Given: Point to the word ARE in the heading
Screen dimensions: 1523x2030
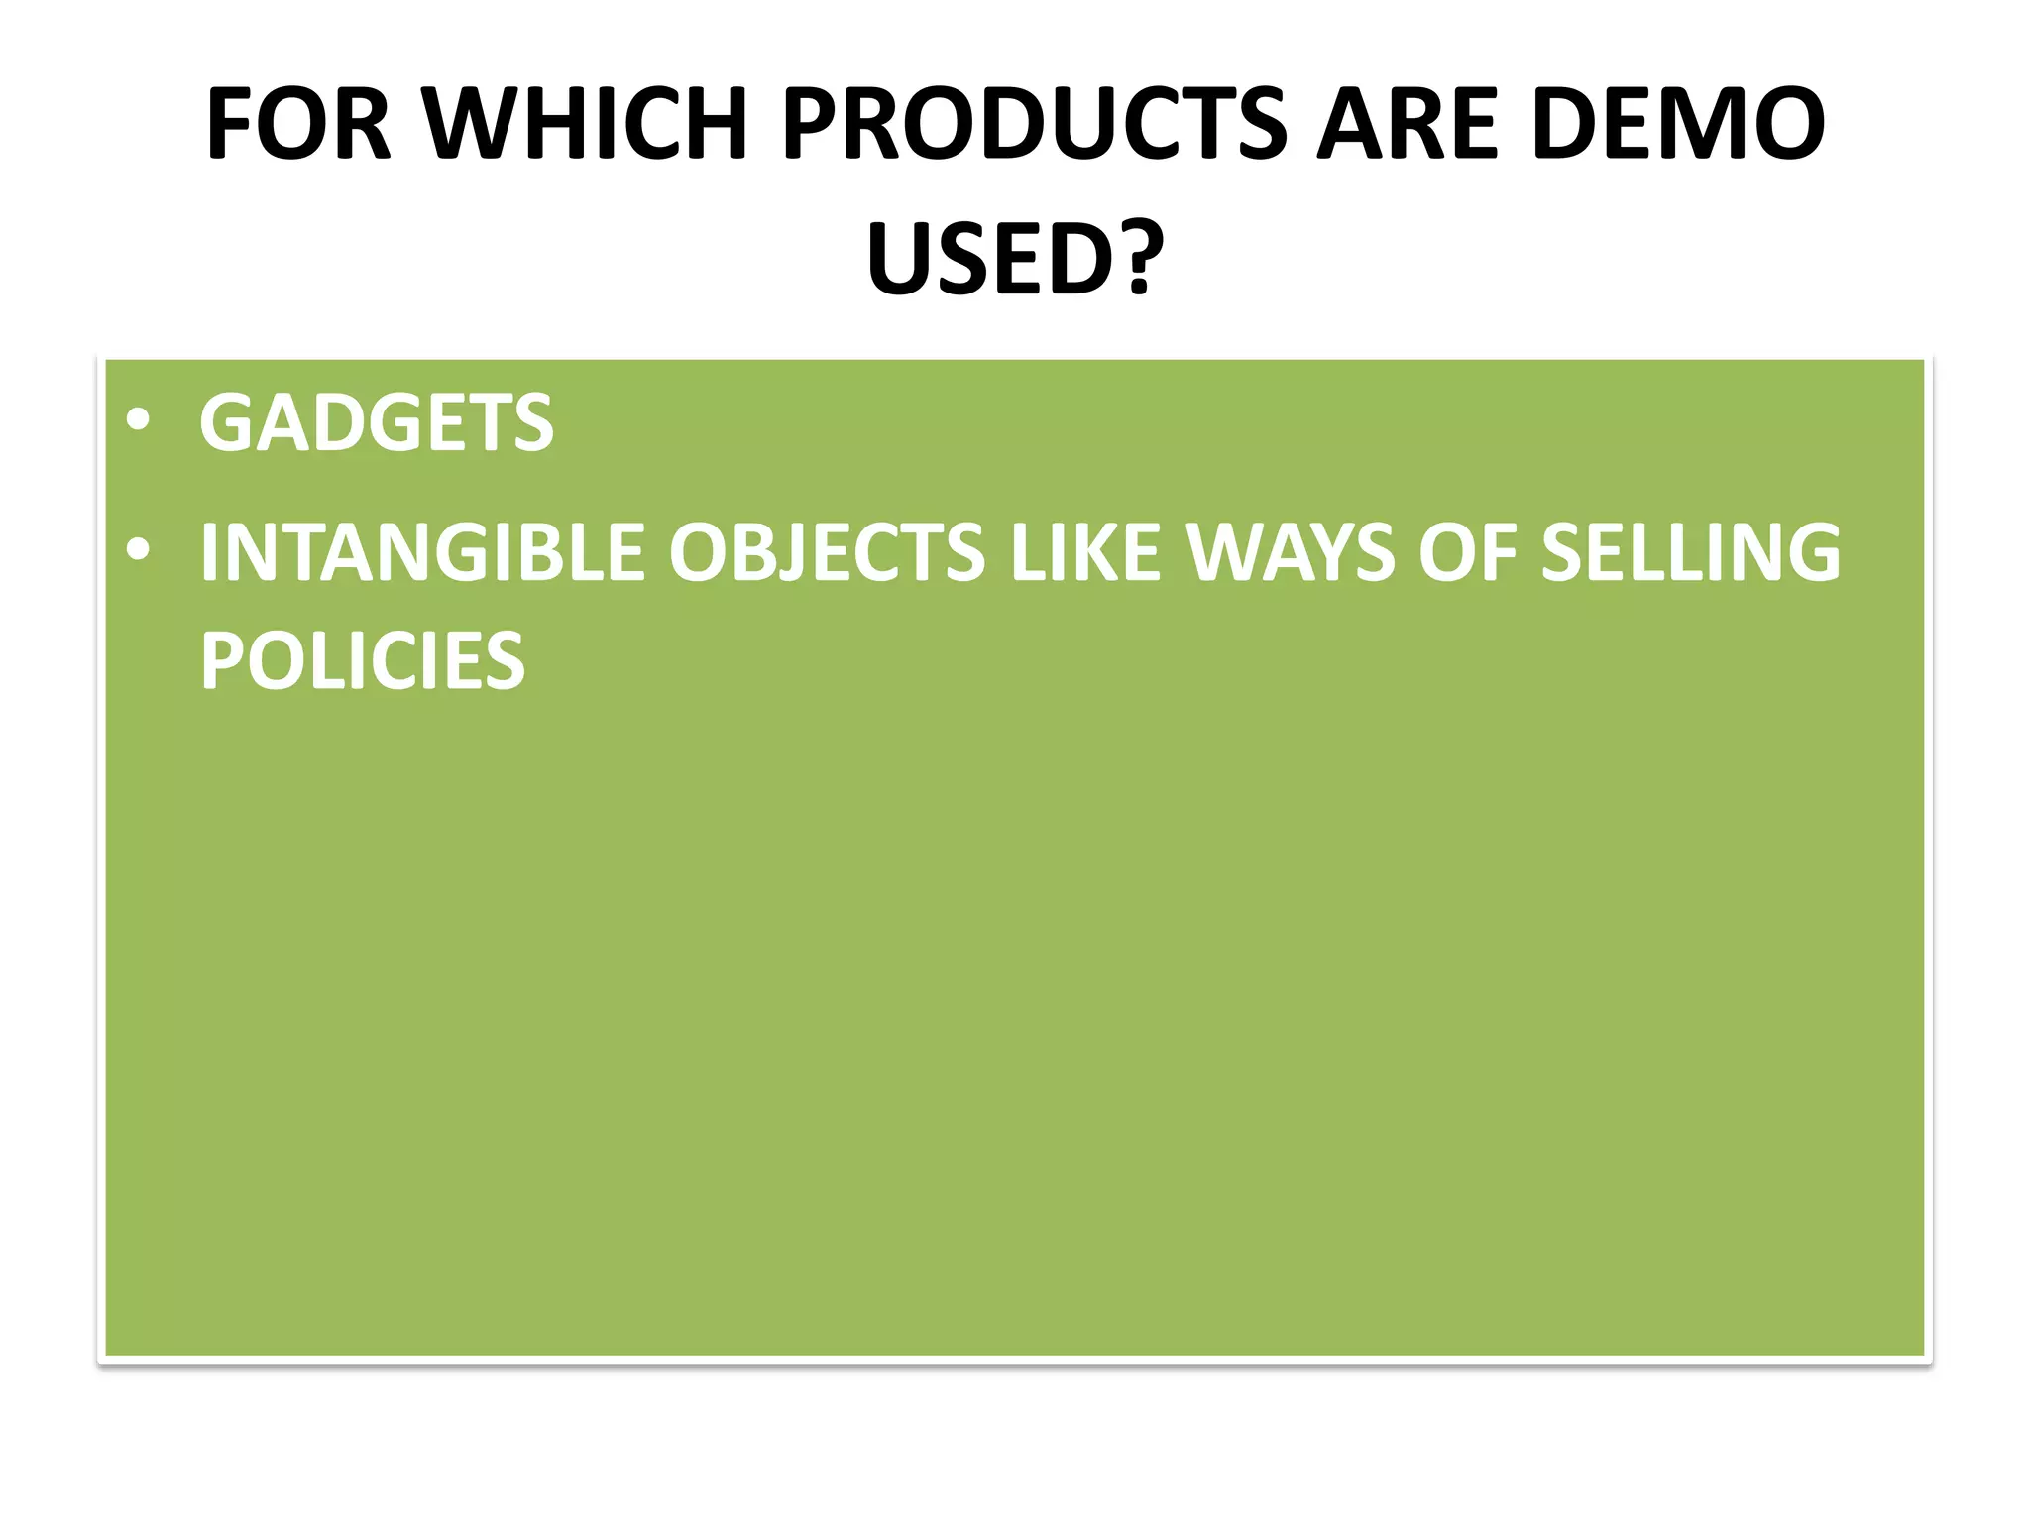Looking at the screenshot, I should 1409,126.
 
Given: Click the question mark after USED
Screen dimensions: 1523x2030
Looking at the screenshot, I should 1140,260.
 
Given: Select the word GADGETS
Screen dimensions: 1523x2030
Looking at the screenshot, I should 377,424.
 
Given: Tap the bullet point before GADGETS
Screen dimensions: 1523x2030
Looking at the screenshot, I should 139,421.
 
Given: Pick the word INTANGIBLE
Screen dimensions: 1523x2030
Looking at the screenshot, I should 422,553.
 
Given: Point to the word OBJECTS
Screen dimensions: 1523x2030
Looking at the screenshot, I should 827,553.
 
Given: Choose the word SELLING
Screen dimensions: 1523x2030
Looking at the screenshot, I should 1690,553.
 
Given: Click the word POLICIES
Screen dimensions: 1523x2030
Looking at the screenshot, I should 363,661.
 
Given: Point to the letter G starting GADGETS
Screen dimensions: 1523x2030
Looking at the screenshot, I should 227,424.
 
